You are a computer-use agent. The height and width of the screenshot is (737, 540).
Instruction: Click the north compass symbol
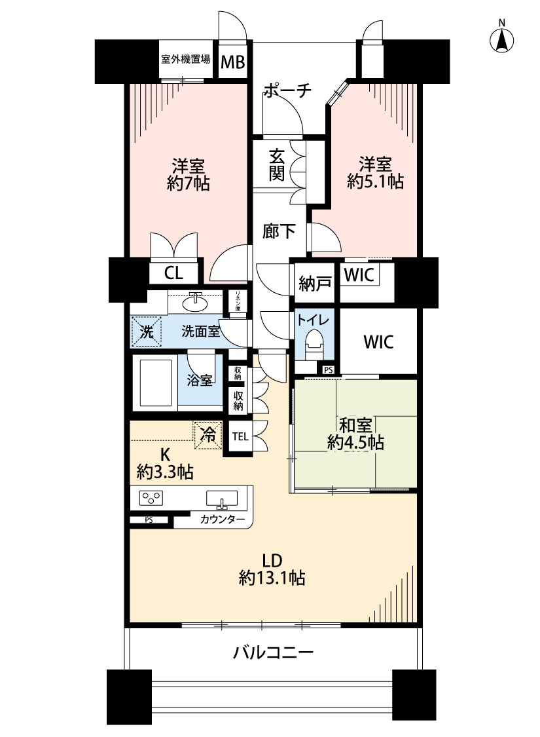[x=502, y=40]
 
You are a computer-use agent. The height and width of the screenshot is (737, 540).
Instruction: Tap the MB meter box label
[x=232, y=62]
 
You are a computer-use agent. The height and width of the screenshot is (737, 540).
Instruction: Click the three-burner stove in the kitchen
[x=151, y=499]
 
